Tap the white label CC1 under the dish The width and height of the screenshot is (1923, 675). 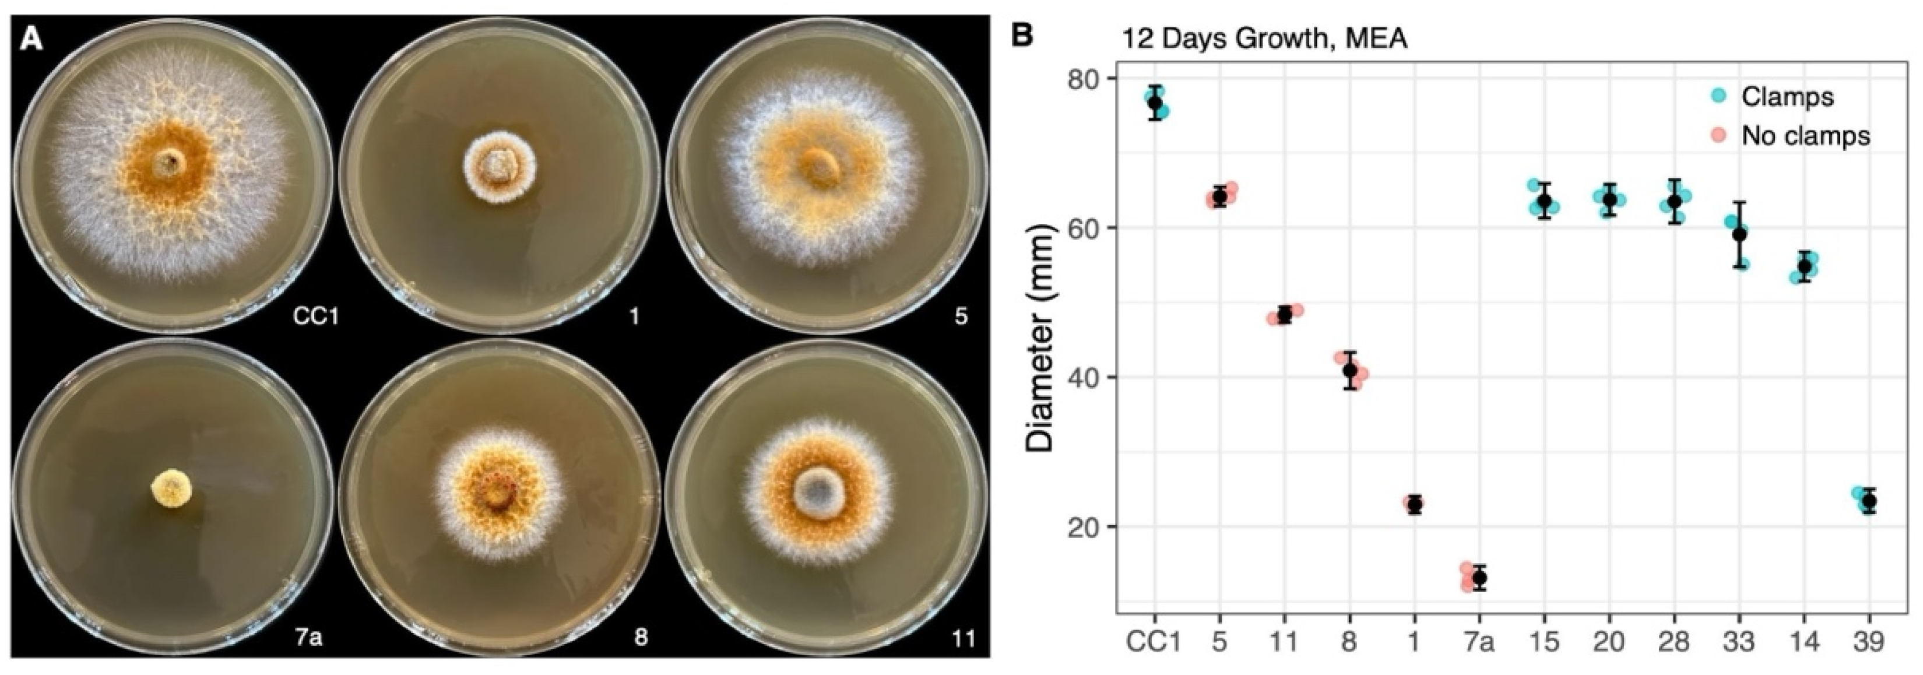point(316,317)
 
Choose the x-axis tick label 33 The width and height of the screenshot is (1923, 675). point(1739,641)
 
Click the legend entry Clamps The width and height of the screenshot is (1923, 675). point(1787,96)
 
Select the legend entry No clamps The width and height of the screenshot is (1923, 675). point(1805,135)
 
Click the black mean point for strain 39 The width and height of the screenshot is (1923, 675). point(1869,501)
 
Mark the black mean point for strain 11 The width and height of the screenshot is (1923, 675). point(1284,314)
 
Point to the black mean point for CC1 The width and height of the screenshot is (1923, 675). point(1155,102)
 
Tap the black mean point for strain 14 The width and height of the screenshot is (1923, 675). point(1804,266)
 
